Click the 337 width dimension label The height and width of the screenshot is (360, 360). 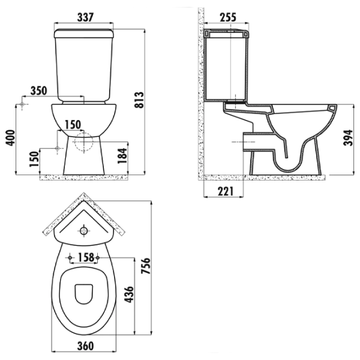(x=85, y=17)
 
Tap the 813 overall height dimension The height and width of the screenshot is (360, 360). (x=139, y=100)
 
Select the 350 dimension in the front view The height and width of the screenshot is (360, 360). (x=39, y=91)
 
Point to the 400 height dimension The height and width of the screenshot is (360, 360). (x=10, y=138)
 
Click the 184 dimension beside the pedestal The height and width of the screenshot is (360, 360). (x=122, y=156)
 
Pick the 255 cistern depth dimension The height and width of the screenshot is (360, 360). (x=228, y=17)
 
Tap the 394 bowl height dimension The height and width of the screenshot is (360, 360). (x=347, y=138)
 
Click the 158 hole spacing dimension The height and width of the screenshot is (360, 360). (x=86, y=257)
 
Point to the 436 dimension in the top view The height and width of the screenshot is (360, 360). (x=128, y=295)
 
